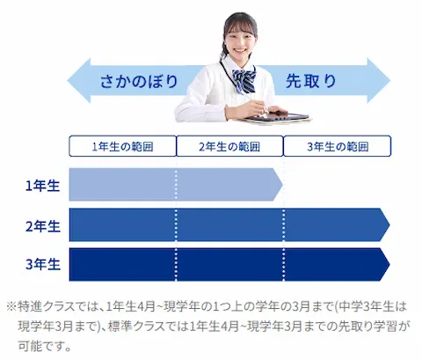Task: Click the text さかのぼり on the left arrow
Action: (x=139, y=81)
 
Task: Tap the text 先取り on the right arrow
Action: (x=311, y=81)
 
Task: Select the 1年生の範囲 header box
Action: (x=122, y=146)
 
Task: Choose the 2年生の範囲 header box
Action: (x=229, y=146)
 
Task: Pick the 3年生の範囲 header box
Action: (x=338, y=146)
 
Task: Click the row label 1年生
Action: (x=43, y=186)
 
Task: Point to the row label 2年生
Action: (x=43, y=226)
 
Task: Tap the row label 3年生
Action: (x=43, y=264)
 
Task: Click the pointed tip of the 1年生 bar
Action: (x=282, y=185)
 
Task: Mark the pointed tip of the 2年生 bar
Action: (x=389, y=225)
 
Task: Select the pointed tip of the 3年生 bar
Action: (x=389, y=264)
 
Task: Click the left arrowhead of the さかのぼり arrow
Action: (x=68, y=81)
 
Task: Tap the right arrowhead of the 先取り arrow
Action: (x=389, y=81)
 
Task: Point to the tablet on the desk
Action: (x=277, y=117)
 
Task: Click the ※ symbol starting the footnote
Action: (x=11, y=307)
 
